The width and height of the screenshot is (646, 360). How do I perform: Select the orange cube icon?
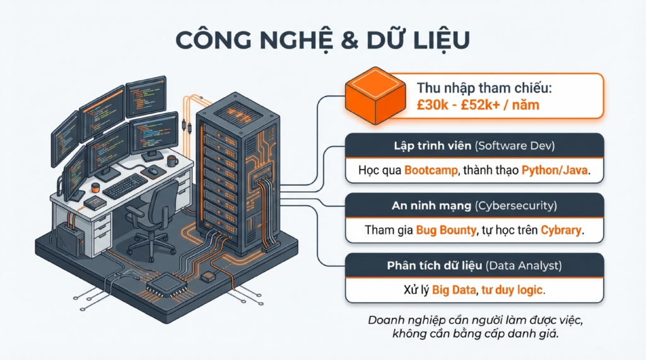(375, 96)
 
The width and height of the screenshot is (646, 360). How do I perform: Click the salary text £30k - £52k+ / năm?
(478, 105)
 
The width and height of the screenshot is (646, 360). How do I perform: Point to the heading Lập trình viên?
(432, 146)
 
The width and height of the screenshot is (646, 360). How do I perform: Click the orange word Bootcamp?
(431, 170)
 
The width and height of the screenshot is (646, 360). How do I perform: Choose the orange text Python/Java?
(555, 170)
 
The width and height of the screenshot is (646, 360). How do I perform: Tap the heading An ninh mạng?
(432, 206)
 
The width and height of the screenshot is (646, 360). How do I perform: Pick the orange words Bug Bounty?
(446, 230)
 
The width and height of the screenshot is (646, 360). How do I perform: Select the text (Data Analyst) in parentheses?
(524, 265)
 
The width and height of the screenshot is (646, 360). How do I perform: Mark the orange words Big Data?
(454, 290)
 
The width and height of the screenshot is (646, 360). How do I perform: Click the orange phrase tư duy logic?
(512, 290)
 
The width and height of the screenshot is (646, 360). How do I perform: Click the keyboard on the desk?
(124, 186)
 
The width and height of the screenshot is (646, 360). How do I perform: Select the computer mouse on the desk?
(153, 170)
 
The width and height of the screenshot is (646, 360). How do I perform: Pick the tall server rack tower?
(237, 173)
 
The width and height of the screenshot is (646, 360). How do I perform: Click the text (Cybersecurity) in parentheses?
(515, 206)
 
